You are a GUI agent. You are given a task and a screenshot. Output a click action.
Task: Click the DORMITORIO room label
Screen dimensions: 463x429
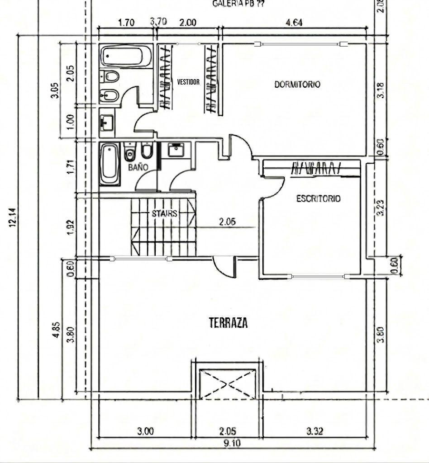(297, 84)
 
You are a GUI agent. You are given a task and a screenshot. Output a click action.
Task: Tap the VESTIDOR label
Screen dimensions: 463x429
(188, 82)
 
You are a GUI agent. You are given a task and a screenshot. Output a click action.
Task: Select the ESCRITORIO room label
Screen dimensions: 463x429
(318, 198)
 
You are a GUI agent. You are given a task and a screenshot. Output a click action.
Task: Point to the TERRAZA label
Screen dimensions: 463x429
(228, 323)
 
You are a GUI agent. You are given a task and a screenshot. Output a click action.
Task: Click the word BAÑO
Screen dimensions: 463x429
(138, 167)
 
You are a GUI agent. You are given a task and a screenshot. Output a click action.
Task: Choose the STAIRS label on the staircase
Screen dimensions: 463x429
(164, 213)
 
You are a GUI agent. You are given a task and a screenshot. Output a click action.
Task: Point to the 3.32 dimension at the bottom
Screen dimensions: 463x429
(314, 431)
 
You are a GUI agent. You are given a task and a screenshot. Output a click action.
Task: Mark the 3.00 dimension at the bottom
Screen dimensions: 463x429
(145, 431)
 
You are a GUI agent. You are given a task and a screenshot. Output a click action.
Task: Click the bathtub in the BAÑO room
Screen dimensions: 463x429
(110, 164)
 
